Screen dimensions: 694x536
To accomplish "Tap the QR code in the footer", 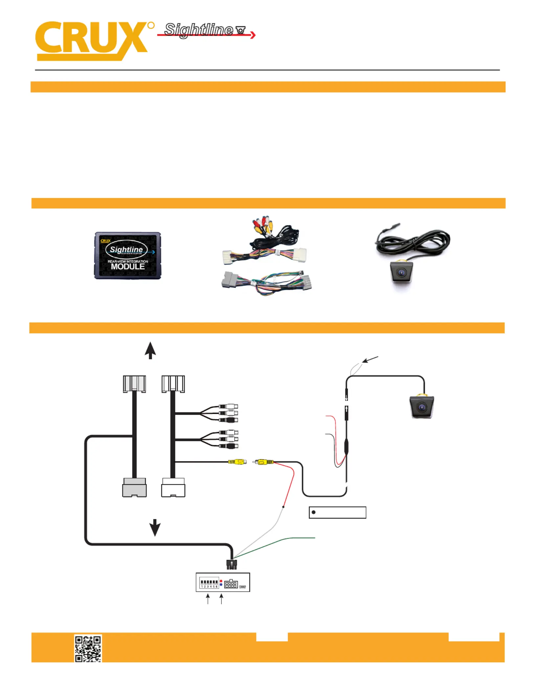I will click(x=88, y=648).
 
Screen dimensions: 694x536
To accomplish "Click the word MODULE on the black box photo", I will click(x=128, y=266).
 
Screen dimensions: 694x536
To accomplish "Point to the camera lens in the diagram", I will click(x=422, y=408).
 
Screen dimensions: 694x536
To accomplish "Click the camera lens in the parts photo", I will click(x=401, y=272).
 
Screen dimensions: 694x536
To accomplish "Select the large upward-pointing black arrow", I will click(x=150, y=350).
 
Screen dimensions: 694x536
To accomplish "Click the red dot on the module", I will click(x=221, y=581).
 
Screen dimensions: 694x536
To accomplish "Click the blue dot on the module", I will click(x=221, y=585).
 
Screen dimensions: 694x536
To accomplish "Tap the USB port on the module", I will click(x=242, y=587).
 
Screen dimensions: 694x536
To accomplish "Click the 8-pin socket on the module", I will click(x=231, y=584).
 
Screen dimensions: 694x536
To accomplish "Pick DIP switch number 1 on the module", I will click(x=202, y=583).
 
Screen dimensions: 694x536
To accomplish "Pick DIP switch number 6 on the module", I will click(x=216, y=583).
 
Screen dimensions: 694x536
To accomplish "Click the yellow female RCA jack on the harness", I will click(x=237, y=462).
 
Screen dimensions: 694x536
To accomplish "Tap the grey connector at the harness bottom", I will click(x=134, y=488).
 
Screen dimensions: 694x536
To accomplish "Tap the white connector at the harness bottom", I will click(x=173, y=488).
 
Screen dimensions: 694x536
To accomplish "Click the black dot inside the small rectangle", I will click(x=314, y=512).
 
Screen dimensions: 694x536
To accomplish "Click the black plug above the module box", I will click(x=232, y=565).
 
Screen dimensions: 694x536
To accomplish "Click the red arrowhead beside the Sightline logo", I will click(x=253, y=35).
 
